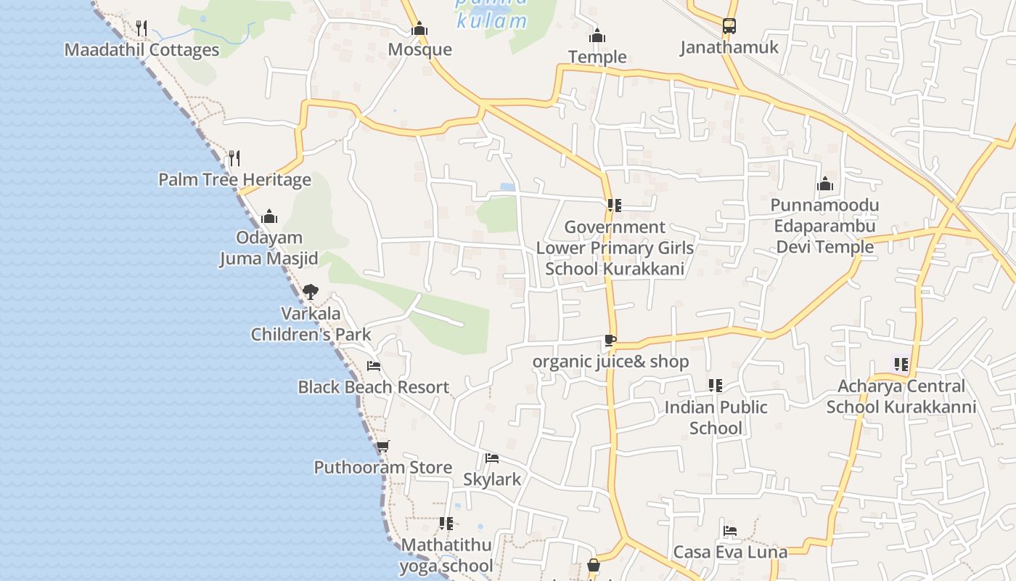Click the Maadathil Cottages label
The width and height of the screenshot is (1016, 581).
[x=142, y=50]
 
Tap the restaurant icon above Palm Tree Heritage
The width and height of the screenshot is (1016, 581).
[x=234, y=158]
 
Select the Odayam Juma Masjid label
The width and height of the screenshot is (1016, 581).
[x=269, y=248]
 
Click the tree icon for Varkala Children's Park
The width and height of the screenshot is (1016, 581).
[x=310, y=292]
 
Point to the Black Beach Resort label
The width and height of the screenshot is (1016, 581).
[x=373, y=387]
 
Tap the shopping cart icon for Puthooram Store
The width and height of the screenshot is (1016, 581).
[x=382, y=446]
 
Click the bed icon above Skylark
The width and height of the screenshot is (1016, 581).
[x=492, y=458]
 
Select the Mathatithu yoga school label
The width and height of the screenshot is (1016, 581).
[x=446, y=555]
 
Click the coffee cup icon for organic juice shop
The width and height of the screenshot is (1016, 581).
[x=610, y=340]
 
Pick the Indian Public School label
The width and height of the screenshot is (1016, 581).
[x=716, y=418]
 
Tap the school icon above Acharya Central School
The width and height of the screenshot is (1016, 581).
[x=901, y=365]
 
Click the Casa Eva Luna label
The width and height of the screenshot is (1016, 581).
[x=730, y=552]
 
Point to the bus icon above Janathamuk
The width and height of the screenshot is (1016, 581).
[x=729, y=27]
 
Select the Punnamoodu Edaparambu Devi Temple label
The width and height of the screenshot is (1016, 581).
[x=824, y=226]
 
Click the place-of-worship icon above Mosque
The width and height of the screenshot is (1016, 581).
[x=419, y=29]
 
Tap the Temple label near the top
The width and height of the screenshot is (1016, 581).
[x=597, y=57]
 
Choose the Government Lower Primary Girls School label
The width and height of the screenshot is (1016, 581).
[x=615, y=248]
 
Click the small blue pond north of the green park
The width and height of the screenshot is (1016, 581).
[x=508, y=187]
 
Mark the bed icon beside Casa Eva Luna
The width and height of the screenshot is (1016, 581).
[x=730, y=531]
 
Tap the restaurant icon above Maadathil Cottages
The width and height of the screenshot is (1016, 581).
[x=142, y=28]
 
